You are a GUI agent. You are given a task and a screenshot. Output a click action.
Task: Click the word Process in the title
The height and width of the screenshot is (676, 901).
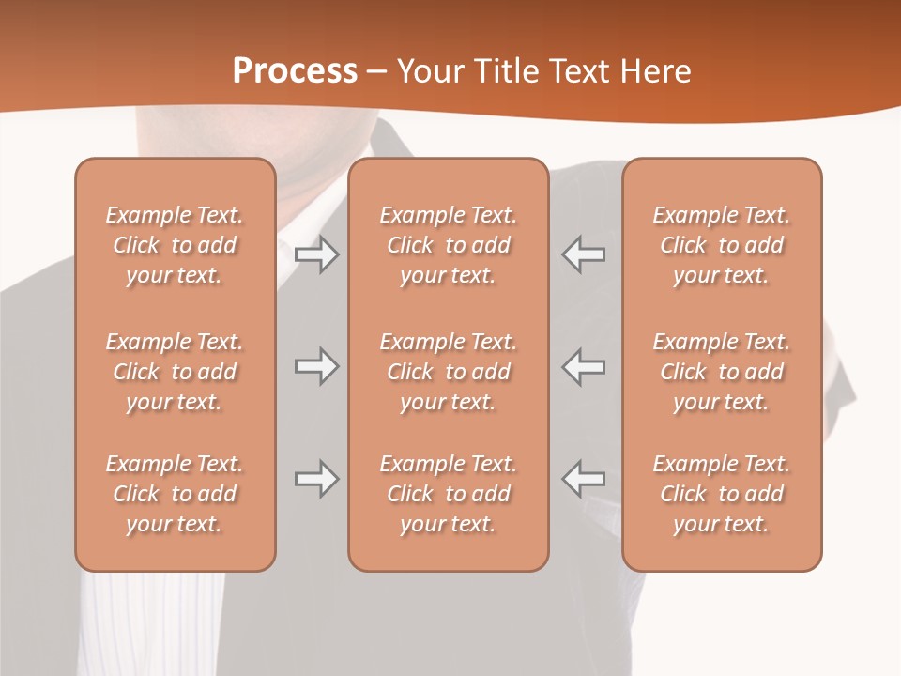(x=295, y=71)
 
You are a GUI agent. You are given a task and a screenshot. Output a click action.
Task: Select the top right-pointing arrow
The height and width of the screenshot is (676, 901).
(x=316, y=254)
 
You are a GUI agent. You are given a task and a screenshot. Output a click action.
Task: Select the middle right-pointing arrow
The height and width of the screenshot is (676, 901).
(x=316, y=366)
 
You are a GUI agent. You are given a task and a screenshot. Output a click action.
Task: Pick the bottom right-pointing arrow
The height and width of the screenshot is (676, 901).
(x=316, y=479)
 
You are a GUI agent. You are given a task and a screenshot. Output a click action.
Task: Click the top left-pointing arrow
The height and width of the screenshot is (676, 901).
(x=584, y=254)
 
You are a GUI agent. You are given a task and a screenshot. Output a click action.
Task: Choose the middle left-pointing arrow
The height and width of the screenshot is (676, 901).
(x=584, y=366)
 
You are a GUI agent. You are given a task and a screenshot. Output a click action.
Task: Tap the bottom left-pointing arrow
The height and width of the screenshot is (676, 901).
(x=584, y=479)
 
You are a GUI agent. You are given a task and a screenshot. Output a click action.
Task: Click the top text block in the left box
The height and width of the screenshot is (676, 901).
(x=175, y=245)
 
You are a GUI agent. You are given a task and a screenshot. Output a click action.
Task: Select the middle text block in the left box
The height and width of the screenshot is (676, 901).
(x=175, y=372)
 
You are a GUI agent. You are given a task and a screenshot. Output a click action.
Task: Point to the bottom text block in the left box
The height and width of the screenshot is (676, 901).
(x=175, y=494)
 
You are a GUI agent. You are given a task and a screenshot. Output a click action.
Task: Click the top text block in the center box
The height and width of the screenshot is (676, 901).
(x=448, y=245)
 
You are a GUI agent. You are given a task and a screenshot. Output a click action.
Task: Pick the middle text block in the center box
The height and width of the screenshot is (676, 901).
(x=448, y=372)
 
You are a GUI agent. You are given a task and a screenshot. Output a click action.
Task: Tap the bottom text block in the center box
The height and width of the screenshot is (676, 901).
(x=448, y=494)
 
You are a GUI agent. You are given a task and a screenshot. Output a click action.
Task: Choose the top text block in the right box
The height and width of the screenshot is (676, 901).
(x=721, y=245)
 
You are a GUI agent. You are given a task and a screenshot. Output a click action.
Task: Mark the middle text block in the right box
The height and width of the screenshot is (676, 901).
(x=721, y=372)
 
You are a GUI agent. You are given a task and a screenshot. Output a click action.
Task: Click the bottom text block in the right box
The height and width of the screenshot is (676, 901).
(x=721, y=494)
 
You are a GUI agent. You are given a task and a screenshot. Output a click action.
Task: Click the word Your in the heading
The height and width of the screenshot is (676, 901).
(x=432, y=71)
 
